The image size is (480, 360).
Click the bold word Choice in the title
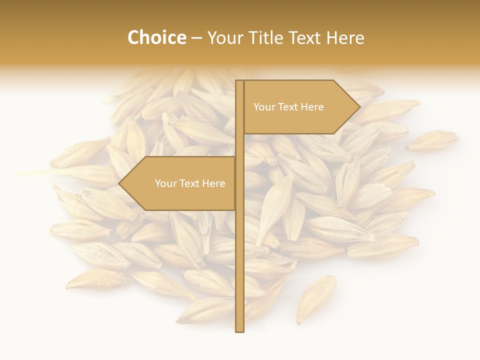pyautogui.click(x=156, y=38)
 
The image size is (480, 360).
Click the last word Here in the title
pyautogui.click(x=345, y=38)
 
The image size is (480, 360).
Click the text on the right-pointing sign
pyautogui.click(x=288, y=107)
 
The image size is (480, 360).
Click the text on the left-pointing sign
pyautogui.click(x=190, y=183)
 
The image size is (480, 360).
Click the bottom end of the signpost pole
pyautogui.click(x=239, y=330)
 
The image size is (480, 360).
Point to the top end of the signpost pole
pyautogui.click(x=239, y=82)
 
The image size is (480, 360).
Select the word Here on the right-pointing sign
pyautogui.click(x=312, y=107)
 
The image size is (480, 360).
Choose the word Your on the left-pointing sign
pyautogui.click(x=165, y=183)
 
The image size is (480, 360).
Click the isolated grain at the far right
pyautogui.click(x=432, y=140)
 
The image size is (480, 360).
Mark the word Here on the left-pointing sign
pyautogui.click(x=213, y=183)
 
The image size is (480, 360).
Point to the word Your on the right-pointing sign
pyautogui.click(x=264, y=107)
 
